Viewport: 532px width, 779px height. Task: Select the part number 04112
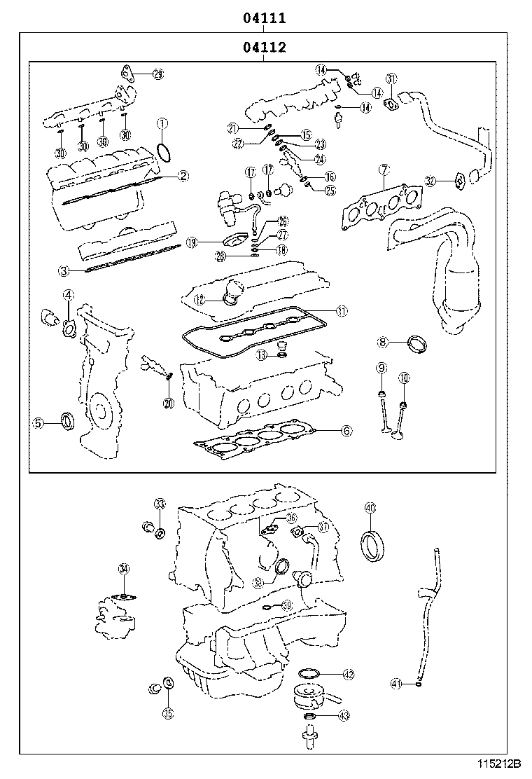(x=264, y=47)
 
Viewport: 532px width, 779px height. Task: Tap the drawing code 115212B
(x=500, y=763)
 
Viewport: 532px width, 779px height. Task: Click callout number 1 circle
(x=162, y=125)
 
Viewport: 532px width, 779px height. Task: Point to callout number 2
(x=182, y=176)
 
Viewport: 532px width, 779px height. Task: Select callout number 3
(x=63, y=270)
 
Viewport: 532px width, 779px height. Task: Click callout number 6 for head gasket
(x=346, y=431)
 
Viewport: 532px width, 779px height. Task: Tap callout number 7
(x=384, y=169)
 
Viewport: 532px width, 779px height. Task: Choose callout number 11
(x=341, y=310)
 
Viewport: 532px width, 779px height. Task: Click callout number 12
(x=199, y=299)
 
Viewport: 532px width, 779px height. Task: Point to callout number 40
(x=370, y=508)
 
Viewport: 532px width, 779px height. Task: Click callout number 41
(x=395, y=683)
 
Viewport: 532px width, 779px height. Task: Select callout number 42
(x=348, y=675)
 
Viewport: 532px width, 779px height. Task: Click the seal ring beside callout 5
(x=68, y=421)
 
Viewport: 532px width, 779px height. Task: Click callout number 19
(x=192, y=242)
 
